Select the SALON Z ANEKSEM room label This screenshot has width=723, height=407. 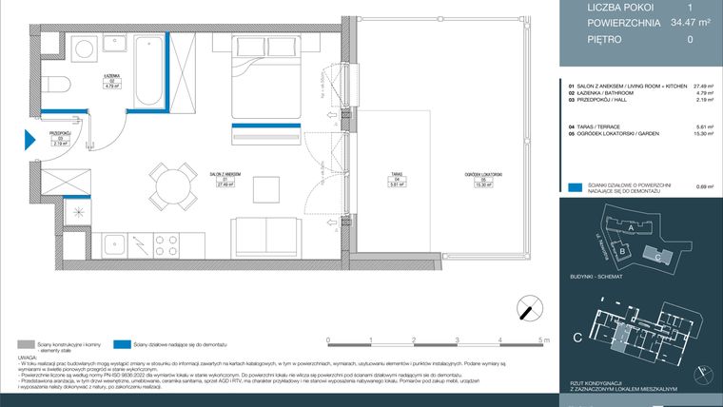225,175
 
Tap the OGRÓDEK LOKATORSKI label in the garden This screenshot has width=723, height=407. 483,176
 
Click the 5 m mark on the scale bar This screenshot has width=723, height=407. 541,339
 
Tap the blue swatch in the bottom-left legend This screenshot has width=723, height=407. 121,345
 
